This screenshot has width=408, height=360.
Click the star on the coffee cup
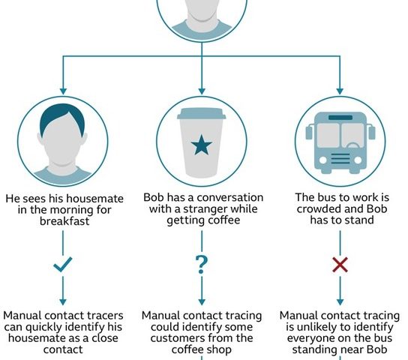[x=202, y=145]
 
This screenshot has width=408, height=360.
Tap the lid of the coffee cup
[x=202, y=114]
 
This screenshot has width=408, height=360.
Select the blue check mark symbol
[x=63, y=264]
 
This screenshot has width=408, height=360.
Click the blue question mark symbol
[x=202, y=265]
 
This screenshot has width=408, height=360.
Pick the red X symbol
[x=340, y=265]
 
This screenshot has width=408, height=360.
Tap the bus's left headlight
[x=322, y=160]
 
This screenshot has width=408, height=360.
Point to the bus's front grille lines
[x=340, y=159]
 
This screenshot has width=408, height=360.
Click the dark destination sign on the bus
[x=340, y=117]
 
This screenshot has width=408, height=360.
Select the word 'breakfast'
[x=64, y=221]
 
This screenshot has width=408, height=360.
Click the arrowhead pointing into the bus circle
[x=340, y=91]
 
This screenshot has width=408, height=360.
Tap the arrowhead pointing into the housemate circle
[x=63, y=91]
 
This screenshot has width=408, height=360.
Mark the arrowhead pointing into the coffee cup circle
[x=202, y=91]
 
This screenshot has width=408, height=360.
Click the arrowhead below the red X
[x=340, y=302]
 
